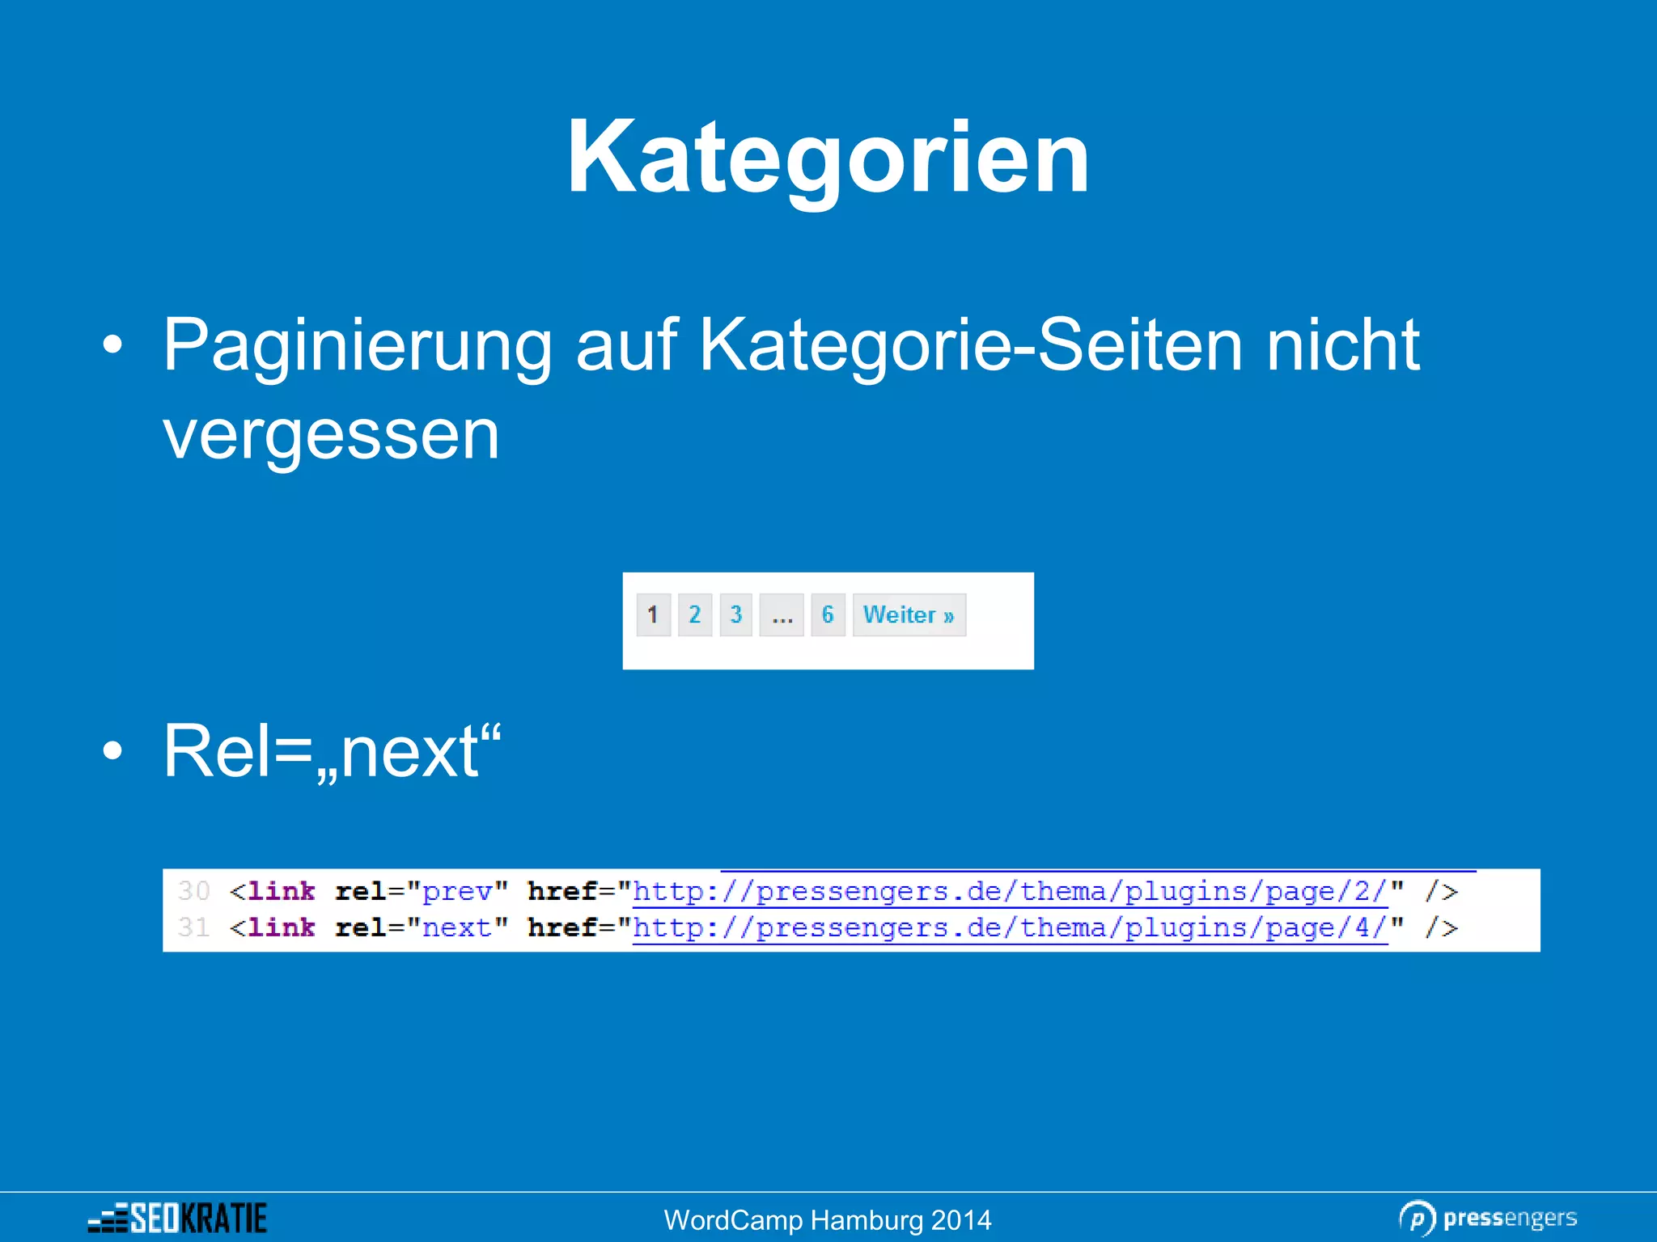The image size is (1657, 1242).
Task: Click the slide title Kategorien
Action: click(828, 158)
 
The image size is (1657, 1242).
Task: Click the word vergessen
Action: click(331, 435)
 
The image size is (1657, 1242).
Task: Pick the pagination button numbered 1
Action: click(653, 615)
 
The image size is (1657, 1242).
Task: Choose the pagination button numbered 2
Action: click(694, 615)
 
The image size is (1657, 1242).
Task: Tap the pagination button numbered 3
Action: click(735, 615)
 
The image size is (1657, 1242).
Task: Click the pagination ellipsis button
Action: click(782, 615)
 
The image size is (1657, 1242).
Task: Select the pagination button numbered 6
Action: click(828, 615)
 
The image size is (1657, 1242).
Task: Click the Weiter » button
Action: click(909, 615)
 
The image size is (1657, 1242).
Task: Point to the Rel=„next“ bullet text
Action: click(332, 752)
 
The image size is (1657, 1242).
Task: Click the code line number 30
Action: click(193, 891)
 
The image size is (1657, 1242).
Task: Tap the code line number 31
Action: click(193, 927)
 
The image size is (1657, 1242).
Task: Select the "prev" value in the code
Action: click(457, 891)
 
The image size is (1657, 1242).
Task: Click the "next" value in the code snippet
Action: click(457, 927)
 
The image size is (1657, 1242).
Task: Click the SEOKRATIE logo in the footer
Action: click(178, 1218)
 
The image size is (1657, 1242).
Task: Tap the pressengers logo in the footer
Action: click(1489, 1218)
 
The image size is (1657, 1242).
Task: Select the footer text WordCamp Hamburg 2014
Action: click(828, 1220)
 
